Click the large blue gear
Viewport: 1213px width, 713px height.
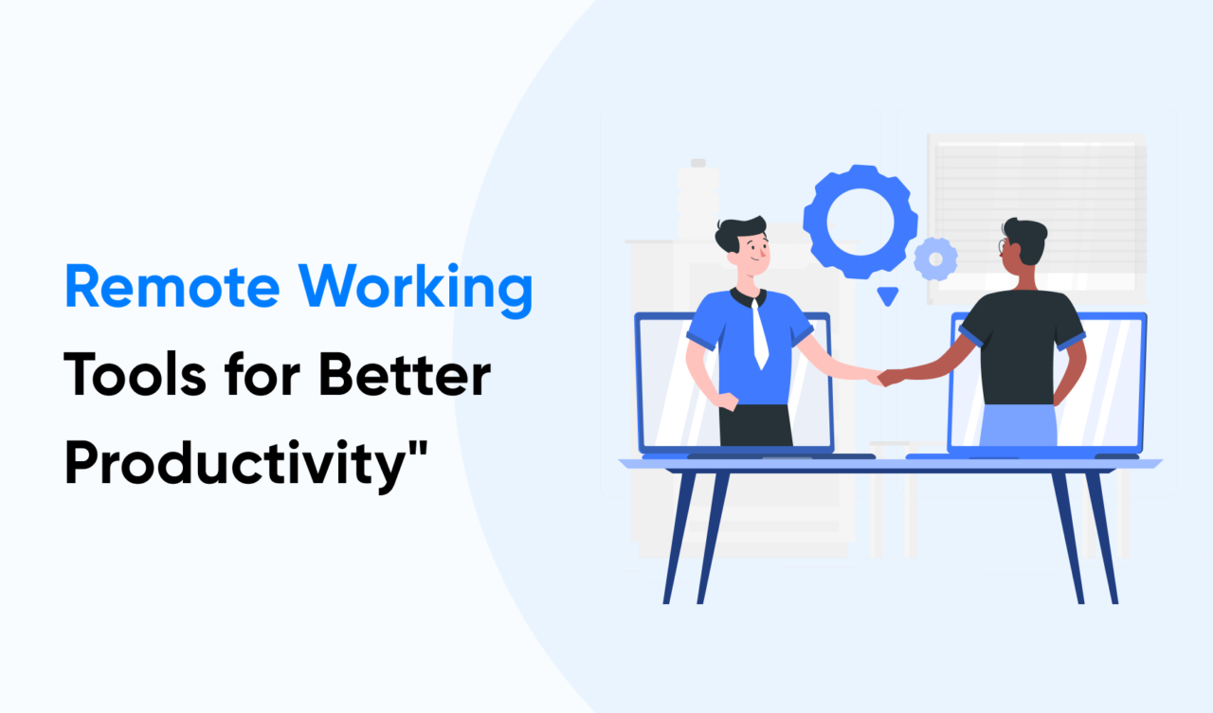860,222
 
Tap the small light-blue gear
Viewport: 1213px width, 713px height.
935,258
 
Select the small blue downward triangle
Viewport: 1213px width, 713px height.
887,296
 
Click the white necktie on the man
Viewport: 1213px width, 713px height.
759,336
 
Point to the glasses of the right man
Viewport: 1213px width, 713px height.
1003,247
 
